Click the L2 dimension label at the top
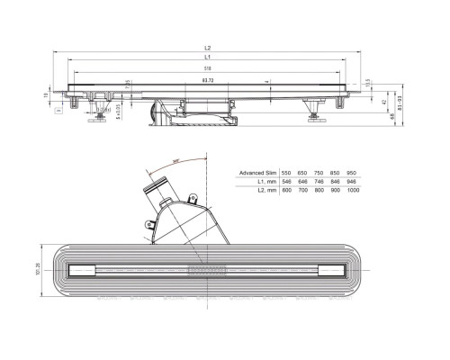(207, 48)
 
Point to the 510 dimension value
(207, 68)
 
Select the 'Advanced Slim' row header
(256, 171)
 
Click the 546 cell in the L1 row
(285, 180)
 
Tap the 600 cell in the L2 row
(285, 189)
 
